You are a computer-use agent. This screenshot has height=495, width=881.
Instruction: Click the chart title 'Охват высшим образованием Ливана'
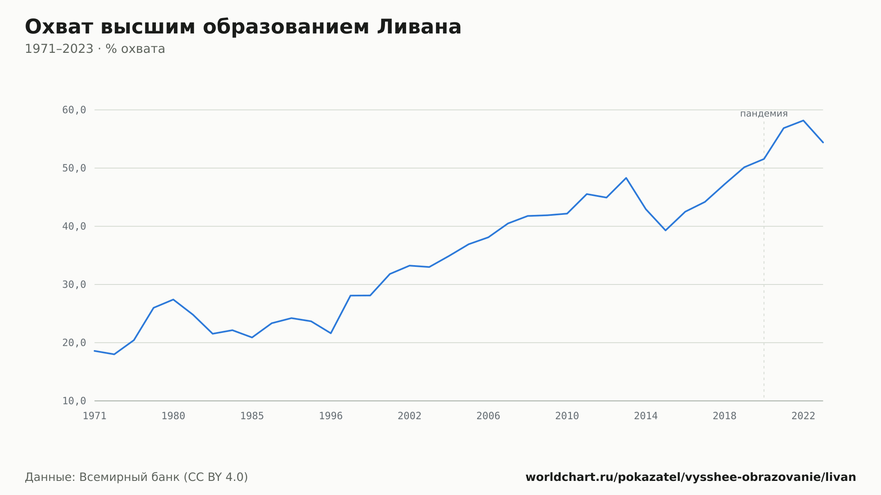[x=243, y=27]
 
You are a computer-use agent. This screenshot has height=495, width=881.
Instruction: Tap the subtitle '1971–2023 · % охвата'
[x=95, y=49]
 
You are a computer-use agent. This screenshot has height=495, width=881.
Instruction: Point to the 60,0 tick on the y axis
[x=74, y=110]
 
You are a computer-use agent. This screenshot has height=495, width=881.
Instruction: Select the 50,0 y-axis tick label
[x=74, y=168]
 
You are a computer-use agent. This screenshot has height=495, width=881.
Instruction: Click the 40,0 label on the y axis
[x=74, y=226]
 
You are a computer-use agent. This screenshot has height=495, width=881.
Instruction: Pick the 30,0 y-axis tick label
[x=74, y=284]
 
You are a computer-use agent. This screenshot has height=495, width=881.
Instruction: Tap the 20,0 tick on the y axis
[x=74, y=343]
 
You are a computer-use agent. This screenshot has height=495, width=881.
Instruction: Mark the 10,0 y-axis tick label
[x=74, y=401]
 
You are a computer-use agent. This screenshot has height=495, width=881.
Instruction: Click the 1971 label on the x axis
[x=95, y=416]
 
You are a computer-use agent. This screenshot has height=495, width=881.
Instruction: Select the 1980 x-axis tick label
[x=173, y=416]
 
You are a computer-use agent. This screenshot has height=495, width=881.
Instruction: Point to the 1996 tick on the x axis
[x=331, y=416]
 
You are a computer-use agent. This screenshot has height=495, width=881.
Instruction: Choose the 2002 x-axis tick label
[x=410, y=416]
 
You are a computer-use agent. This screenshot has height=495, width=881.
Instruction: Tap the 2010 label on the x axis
[x=567, y=416]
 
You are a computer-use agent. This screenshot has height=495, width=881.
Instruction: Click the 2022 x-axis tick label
[x=803, y=416]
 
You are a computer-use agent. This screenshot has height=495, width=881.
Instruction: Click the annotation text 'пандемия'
[x=764, y=114]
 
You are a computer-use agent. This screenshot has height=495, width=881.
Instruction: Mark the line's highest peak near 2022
[x=803, y=120]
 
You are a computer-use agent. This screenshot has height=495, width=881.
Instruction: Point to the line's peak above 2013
[x=626, y=178]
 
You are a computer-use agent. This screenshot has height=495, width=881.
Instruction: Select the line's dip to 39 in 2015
[x=666, y=230]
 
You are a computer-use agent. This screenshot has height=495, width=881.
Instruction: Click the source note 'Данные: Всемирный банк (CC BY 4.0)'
[x=137, y=477]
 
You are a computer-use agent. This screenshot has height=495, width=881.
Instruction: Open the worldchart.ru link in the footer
[x=691, y=477]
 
